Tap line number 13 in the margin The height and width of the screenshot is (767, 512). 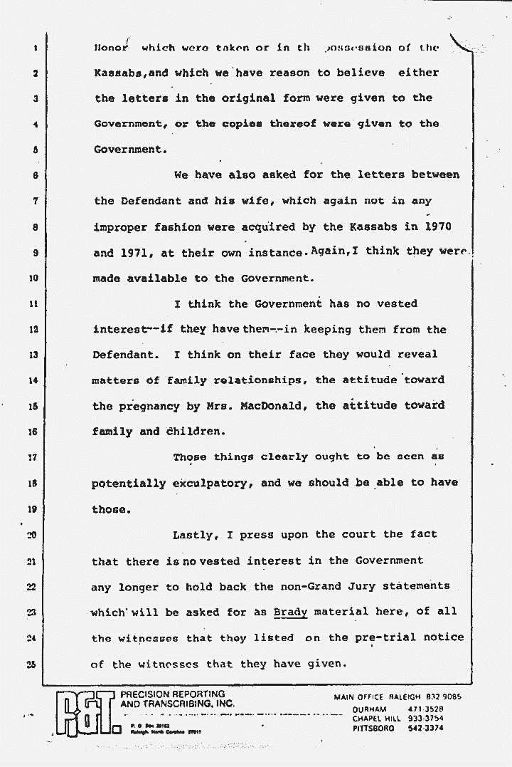click(34, 355)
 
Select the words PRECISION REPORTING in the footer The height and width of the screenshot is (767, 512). click(173, 694)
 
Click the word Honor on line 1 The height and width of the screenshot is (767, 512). click(112, 48)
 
